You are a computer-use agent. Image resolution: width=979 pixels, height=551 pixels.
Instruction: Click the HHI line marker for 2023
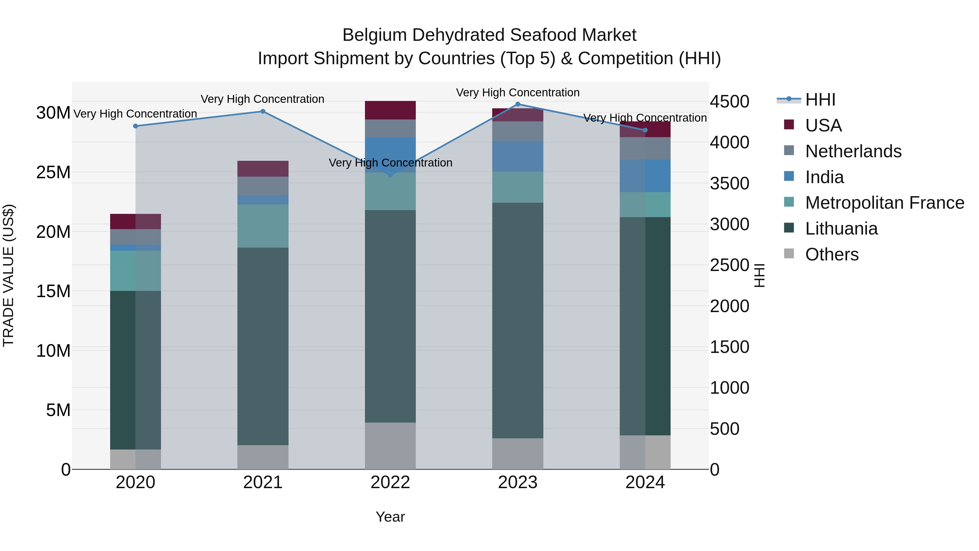[517, 104]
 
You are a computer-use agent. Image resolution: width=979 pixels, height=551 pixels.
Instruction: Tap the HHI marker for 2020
[135, 126]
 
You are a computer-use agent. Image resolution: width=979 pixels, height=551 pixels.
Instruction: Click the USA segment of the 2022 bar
[390, 110]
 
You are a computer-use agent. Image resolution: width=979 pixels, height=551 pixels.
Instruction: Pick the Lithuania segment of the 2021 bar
[263, 346]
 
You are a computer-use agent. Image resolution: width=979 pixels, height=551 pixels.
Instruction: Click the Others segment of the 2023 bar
[517, 454]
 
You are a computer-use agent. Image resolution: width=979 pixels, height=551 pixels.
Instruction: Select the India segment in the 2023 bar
[517, 156]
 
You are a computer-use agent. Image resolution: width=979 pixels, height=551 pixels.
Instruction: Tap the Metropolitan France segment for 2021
[263, 226]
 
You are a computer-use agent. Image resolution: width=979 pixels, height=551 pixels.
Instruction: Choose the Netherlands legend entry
[853, 151]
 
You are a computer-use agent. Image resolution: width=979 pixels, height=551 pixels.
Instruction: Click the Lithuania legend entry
[841, 229]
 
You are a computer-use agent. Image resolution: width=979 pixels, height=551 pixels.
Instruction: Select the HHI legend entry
[820, 100]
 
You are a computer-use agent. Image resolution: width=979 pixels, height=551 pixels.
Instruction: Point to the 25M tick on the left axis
[53, 172]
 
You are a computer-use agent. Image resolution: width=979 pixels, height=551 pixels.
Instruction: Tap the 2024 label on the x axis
[645, 482]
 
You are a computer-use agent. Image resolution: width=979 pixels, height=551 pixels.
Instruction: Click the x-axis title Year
[390, 517]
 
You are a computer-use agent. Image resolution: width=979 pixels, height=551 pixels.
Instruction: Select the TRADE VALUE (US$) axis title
[8, 275]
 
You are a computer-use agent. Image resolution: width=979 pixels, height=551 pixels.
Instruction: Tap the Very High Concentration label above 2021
[263, 99]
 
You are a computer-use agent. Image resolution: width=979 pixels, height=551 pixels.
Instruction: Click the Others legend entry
[832, 254]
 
